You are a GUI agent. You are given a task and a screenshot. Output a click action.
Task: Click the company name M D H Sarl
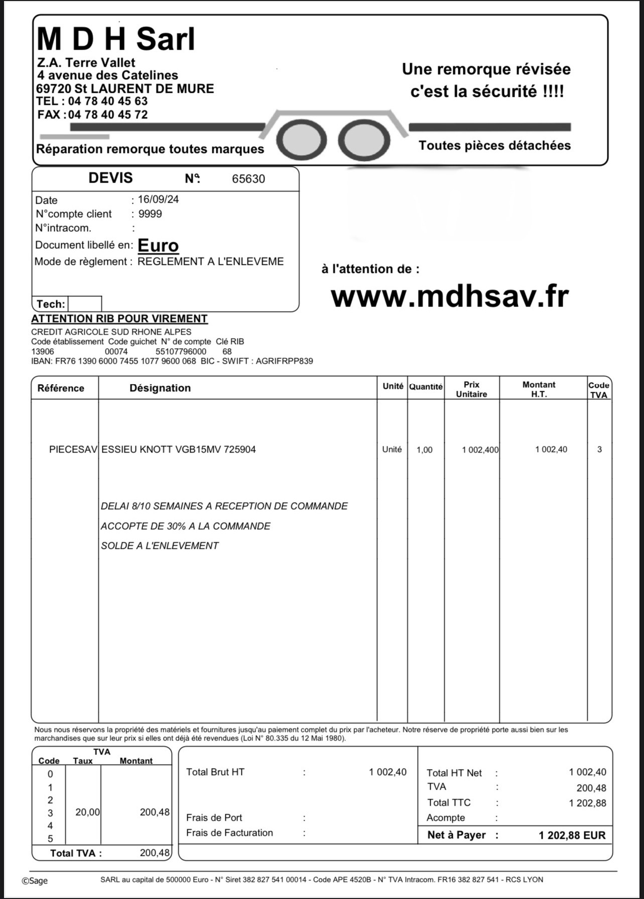pyautogui.click(x=115, y=39)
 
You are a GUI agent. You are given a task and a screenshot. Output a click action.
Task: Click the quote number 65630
pyautogui.click(x=248, y=179)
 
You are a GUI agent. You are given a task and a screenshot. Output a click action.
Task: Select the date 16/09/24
pyautogui.click(x=158, y=199)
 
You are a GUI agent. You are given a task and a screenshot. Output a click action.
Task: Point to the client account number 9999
pyautogui.click(x=150, y=214)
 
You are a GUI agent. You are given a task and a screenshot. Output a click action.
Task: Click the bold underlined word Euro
pyautogui.click(x=158, y=245)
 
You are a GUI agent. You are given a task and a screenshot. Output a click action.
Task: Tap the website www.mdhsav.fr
pyautogui.click(x=449, y=296)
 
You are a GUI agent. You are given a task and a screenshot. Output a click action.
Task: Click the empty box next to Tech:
pyautogui.click(x=84, y=304)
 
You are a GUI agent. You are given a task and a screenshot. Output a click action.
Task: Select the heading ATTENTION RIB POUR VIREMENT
pyautogui.click(x=119, y=319)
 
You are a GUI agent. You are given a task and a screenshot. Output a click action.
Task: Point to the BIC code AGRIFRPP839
pyautogui.click(x=284, y=361)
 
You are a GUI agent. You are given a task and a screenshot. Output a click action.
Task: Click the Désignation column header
pyautogui.click(x=160, y=388)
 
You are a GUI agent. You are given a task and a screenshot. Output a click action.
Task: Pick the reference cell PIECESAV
pyautogui.click(x=73, y=449)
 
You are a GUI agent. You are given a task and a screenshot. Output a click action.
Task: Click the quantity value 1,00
pyautogui.click(x=424, y=450)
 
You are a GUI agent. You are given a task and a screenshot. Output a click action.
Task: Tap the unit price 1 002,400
pyautogui.click(x=480, y=450)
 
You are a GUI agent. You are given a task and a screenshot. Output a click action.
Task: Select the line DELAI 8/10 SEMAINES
pyautogui.click(x=224, y=506)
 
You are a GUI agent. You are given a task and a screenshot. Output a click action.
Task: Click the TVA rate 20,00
pyautogui.click(x=87, y=812)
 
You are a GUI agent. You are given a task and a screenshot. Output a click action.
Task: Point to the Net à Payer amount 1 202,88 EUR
pyautogui.click(x=572, y=835)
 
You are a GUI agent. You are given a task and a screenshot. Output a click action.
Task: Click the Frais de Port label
pyautogui.click(x=214, y=818)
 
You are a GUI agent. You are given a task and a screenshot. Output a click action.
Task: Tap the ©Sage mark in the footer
pyautogui.click(x=35, y=881)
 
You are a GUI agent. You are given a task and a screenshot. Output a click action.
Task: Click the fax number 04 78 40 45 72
pyautogui.click(x=107, y=115)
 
